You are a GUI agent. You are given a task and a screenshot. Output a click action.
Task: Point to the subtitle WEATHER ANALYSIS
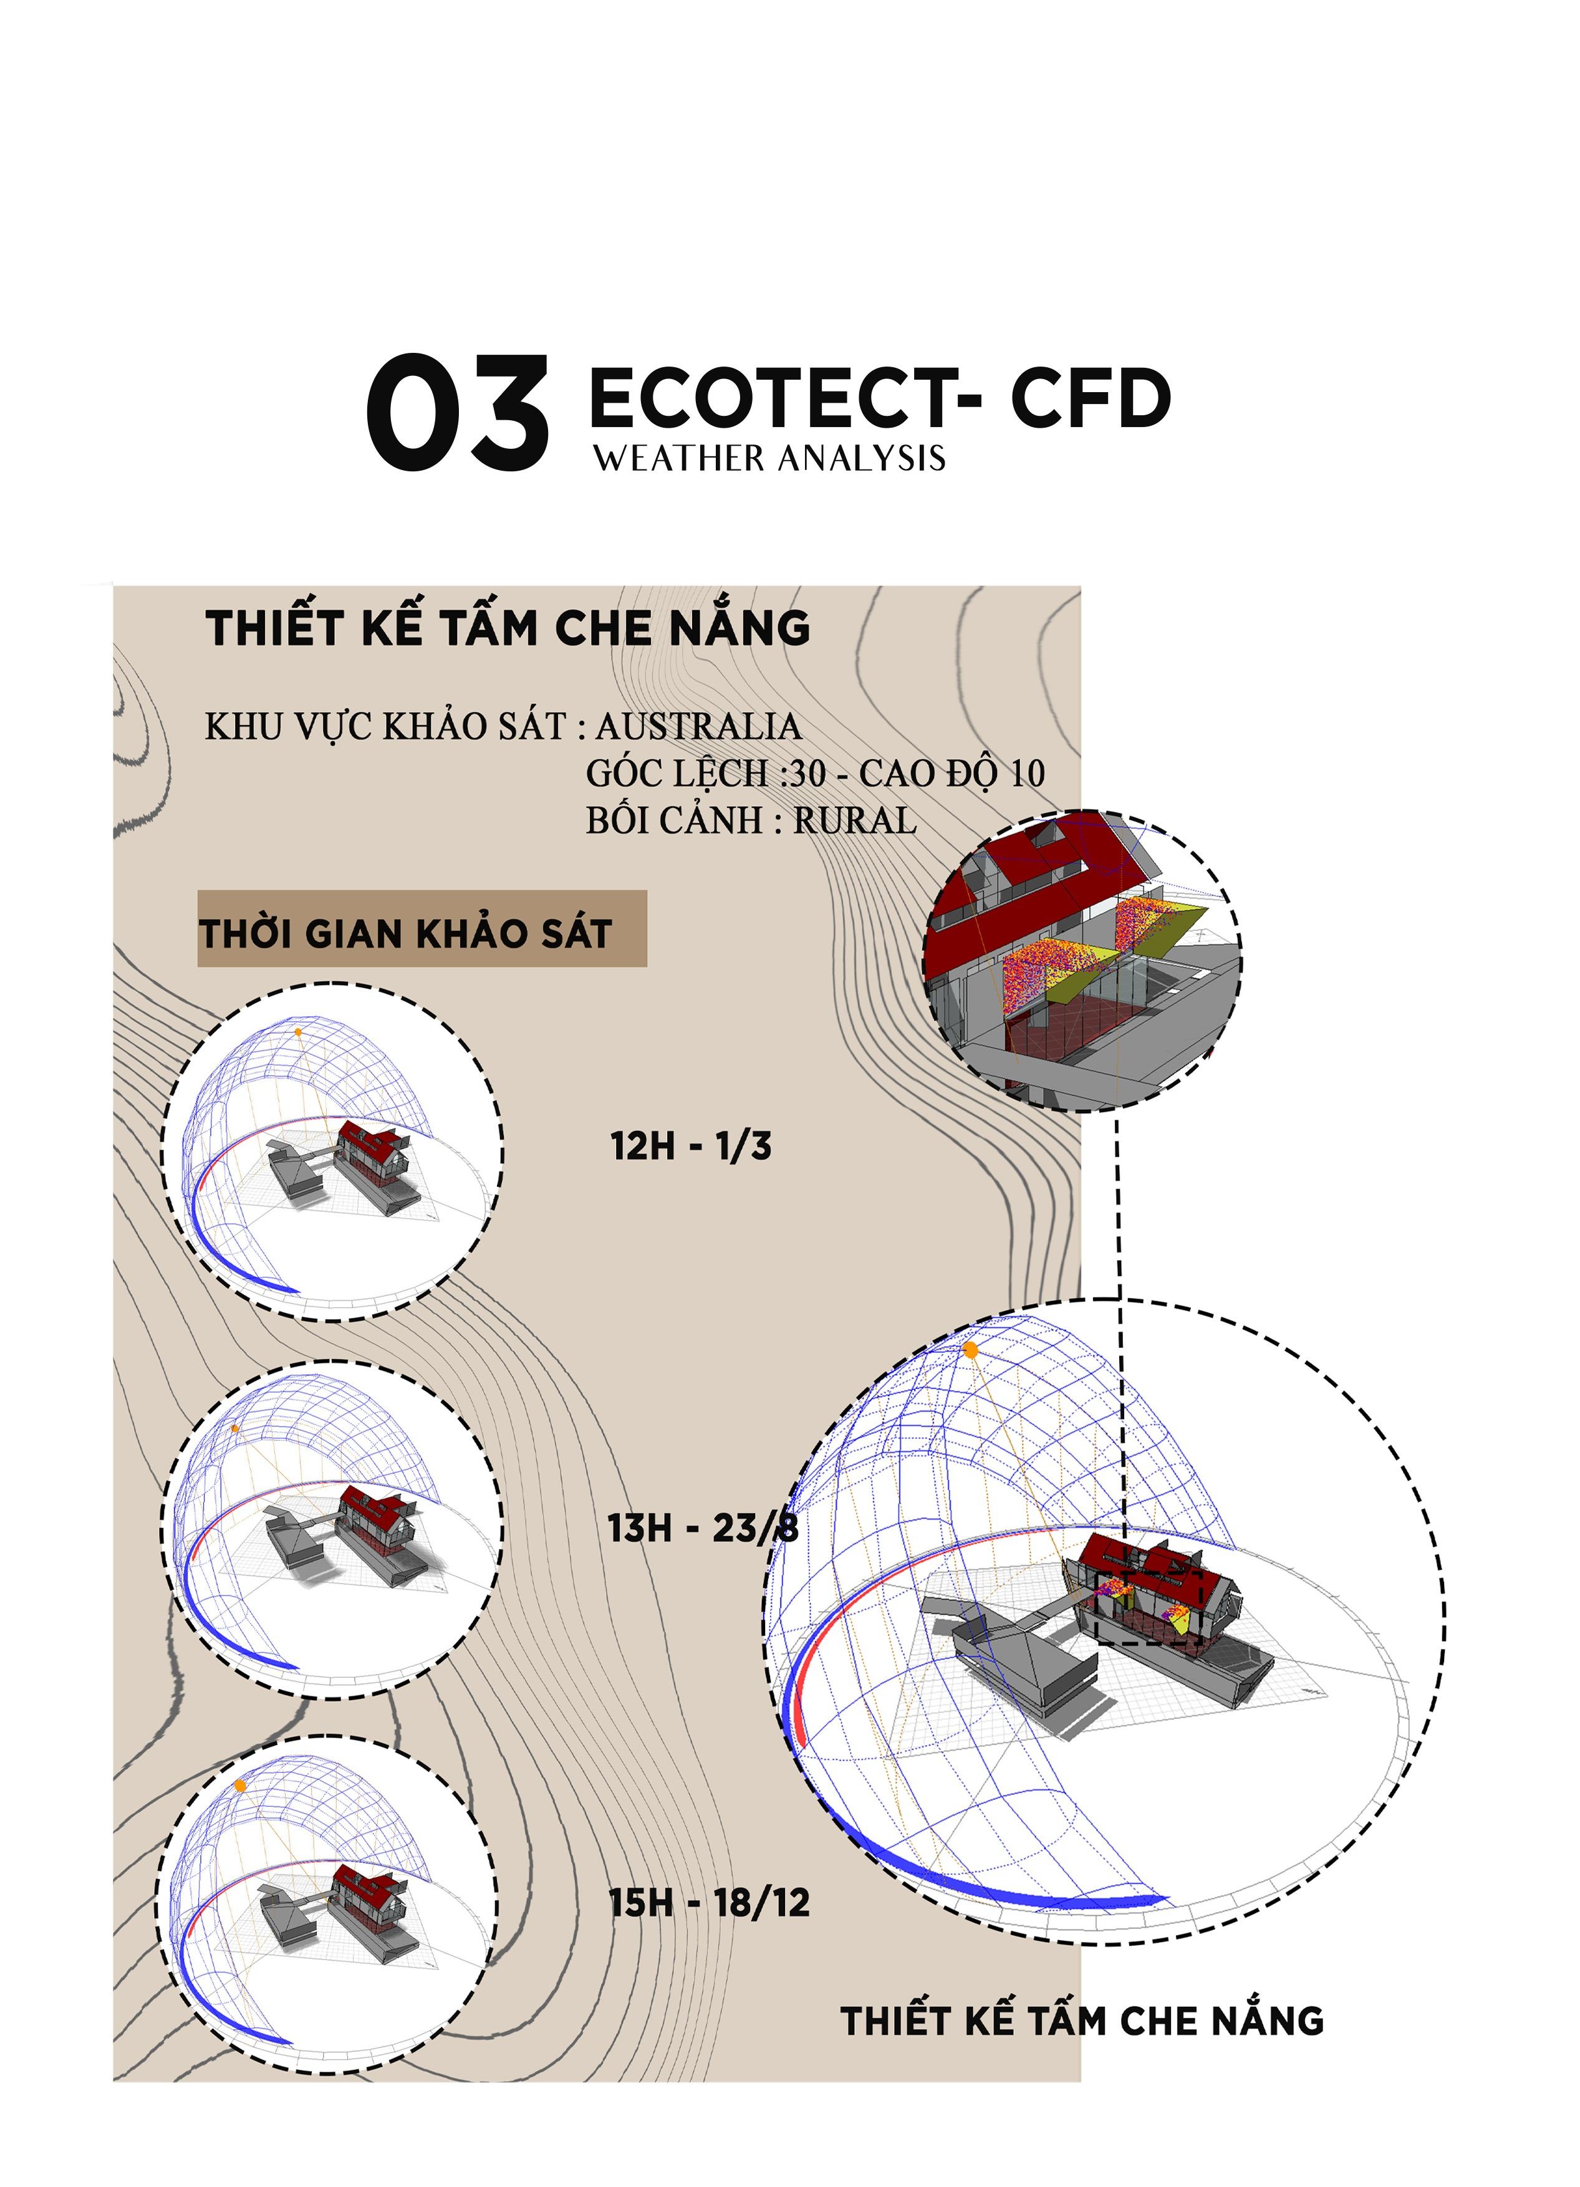coord(769,458)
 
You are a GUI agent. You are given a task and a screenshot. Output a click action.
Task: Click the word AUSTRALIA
coord(698,726)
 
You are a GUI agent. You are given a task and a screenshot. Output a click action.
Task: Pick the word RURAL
coord(855,820)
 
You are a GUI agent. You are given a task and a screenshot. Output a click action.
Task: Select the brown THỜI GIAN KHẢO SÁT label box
coord(421,928)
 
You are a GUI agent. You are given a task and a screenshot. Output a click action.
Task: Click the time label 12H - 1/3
coord(691,1146)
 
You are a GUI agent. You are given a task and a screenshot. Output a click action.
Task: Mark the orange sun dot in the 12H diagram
coord(298,1032)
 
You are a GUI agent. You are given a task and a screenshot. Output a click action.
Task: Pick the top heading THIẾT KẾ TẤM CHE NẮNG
coord(508,628)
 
